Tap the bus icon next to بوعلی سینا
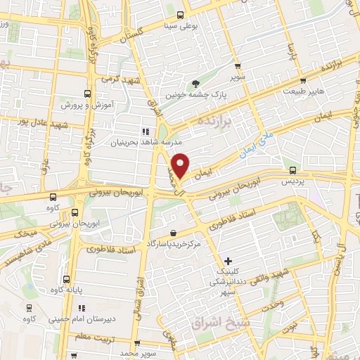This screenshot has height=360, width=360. (x=181, y=14)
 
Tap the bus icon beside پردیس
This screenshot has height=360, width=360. (x=293, y=170)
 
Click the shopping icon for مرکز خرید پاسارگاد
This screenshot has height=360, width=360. (x=174, y=233)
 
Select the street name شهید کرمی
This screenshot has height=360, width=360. (x=120, y=79)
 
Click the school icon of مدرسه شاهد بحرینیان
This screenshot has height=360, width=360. (x=145, y=131)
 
